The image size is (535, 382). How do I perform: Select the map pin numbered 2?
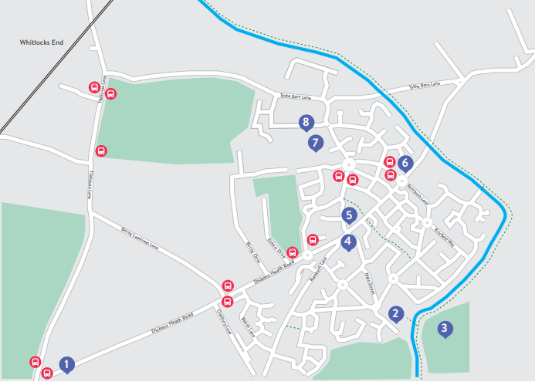395,313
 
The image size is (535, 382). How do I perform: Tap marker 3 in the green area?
444,329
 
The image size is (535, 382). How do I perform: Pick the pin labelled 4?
349,242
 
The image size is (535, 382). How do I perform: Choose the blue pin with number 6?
405,164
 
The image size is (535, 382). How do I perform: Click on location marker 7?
315,143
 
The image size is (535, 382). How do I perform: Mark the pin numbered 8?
307,122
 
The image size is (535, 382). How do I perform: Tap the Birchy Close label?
252,253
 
